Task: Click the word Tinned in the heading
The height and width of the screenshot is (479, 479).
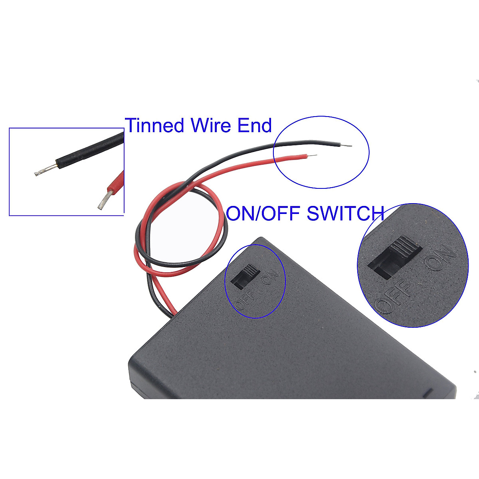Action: [155, 125]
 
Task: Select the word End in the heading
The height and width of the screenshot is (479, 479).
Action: [255, 125]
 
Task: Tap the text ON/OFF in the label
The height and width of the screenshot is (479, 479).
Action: [263, 214]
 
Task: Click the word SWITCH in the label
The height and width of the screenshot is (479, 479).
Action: [345, 214]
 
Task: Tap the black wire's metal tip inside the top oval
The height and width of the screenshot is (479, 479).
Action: [348, 146]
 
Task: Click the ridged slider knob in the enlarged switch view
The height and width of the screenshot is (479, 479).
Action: [406, 247]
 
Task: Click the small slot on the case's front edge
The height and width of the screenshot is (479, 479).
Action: [429, 392]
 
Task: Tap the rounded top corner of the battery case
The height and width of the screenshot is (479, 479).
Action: [261, 239]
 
